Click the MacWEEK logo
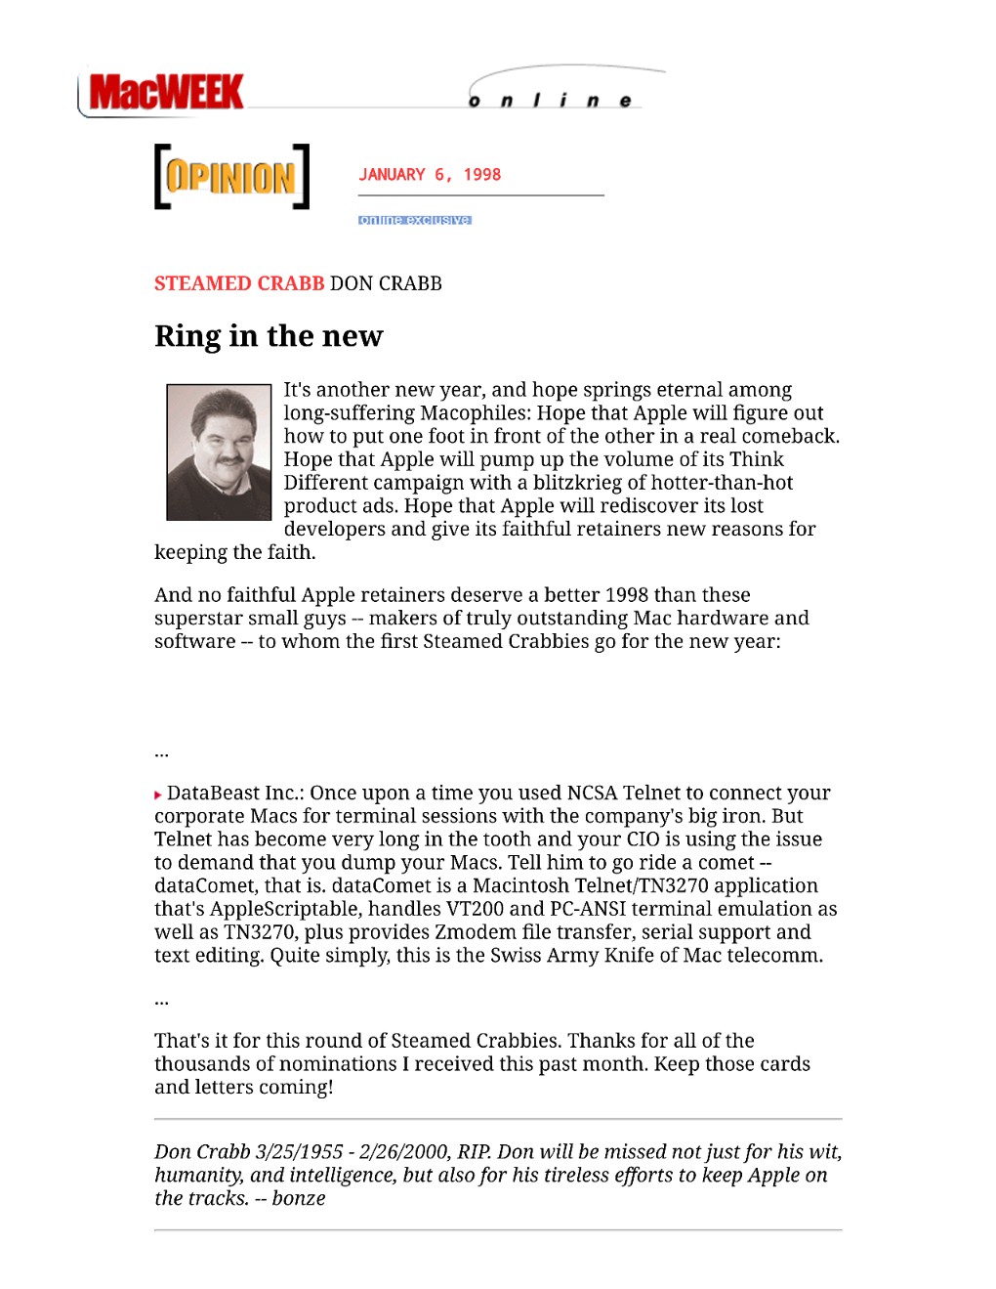click(x=165, y=93)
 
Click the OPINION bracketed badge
click(x=231, y=177)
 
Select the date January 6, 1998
click(x=430, y=175)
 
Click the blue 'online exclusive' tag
click(x=415, y=220)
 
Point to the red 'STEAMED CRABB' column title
click(x=239, y=283)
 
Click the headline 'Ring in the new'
click(x=269, y=336)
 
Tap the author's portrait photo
click(x=219, y=451)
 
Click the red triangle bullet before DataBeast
click(x=158, y=795)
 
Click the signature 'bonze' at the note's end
click(x=299, y=1199)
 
